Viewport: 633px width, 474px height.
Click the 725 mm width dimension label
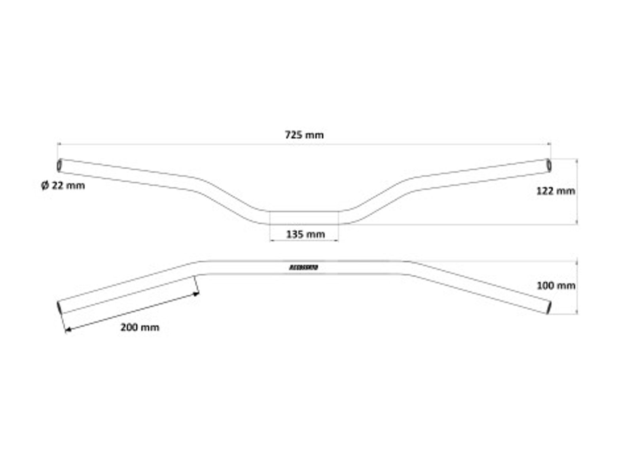click(x=304, y=135)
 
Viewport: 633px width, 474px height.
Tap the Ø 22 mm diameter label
click(x=63, y=185)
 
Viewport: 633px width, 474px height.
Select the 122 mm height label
click(x=555, y=191)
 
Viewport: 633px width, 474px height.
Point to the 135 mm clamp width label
click(x=305, y=235)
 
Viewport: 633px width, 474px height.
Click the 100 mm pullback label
click(x=555, y=285)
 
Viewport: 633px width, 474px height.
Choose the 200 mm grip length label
click(x=140, y=327)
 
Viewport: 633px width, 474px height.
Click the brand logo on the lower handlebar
click(x=304, y=268)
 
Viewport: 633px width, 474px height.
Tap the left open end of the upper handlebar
click(x=59, y=166)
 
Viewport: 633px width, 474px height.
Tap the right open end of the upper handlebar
click(x=549, y=166)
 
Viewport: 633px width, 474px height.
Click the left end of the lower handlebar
click(x=60, y=308)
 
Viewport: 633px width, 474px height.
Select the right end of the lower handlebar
click(x=549, y=308)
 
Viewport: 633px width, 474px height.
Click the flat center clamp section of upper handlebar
click(x=304, y=218)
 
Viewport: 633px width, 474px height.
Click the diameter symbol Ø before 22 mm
click(x=45, y=185)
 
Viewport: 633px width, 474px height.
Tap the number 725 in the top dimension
click(x=293, y=135)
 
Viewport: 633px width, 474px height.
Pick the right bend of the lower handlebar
click(x=408, y=267)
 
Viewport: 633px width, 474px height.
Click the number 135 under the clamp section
click(x=294, y=235)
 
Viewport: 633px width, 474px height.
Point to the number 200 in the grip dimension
click(x=129, y=327)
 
